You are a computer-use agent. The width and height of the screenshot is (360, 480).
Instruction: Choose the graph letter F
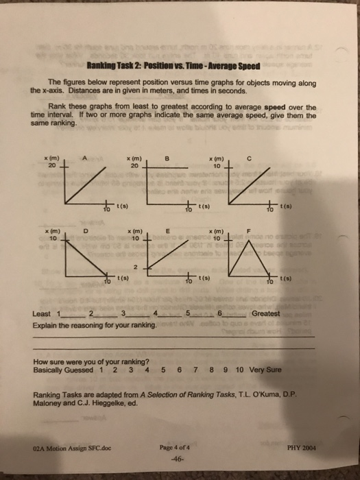pyautogui.click(x=250, y=231)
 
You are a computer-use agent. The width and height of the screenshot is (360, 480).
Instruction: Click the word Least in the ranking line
pyautogui.click(x=42, y=314)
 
